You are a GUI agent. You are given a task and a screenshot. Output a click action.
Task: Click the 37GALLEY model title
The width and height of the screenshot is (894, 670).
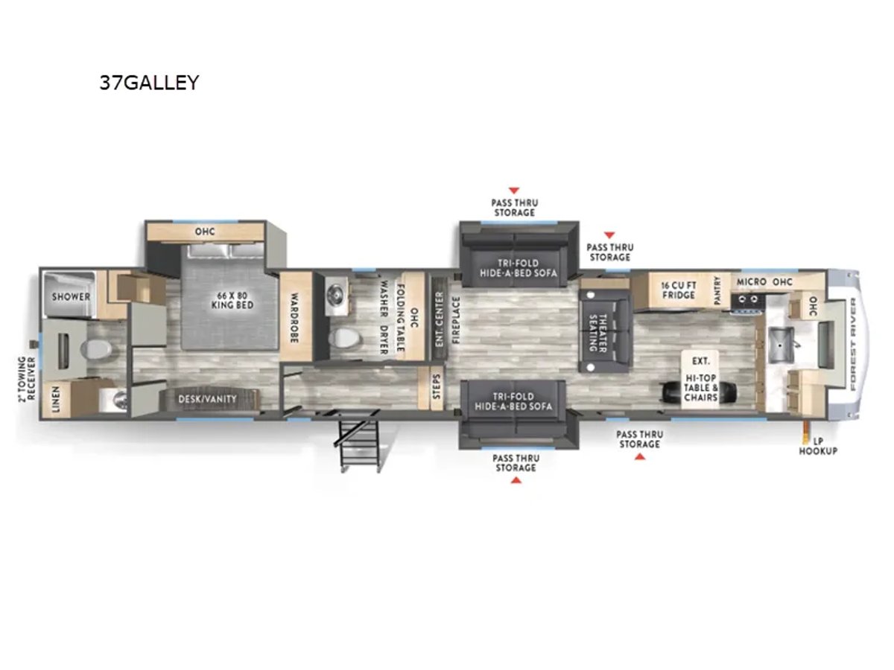click(x=149, y=82)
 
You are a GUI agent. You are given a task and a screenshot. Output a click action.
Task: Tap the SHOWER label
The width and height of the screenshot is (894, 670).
click(x=71, y=296)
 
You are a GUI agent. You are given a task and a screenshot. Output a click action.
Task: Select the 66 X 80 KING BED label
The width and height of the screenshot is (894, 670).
click(x=232, y=300)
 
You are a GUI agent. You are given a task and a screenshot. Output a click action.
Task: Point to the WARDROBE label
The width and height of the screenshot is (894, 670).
click(x=295, y=317)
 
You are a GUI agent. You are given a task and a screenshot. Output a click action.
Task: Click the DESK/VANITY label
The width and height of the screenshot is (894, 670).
click(x=207, y=399)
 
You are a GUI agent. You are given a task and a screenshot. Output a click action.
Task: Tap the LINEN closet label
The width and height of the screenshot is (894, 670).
click(x=56, y=399)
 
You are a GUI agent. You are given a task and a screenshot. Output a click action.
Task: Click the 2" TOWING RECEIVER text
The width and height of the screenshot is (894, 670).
click(x=28, y=379)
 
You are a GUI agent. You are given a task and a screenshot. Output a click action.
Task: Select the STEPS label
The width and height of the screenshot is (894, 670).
click(x=437, y=386)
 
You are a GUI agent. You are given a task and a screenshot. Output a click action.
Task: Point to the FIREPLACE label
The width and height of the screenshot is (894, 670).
click(x=456, y=320)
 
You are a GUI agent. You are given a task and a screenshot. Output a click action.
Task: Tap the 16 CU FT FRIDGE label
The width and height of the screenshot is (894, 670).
click(x=679, y=290)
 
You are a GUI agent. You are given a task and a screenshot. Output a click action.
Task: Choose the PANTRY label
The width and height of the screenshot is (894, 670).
click(x=717, y=290)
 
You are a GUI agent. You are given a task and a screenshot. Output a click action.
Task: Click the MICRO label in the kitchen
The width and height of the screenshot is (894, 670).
click(x=752, y=281)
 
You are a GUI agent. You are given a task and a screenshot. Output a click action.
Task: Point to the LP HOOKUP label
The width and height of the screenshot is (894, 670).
click(x=818, y=446)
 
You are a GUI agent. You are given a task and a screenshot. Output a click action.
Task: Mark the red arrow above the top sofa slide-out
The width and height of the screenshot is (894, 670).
click(x=514, y=191)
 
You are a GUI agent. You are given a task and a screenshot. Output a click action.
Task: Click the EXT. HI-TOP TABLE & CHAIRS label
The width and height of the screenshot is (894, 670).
click(x=700, y=379)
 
